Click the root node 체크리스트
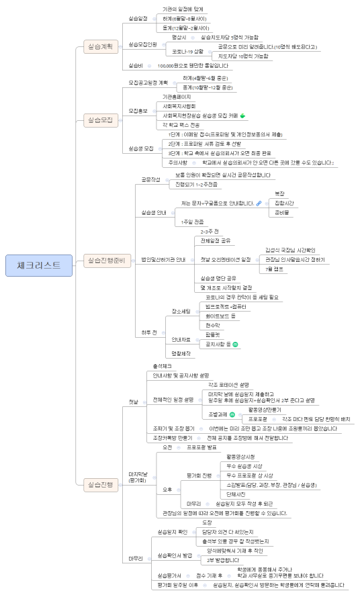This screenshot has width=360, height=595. click(38, 265)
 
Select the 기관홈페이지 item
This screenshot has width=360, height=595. click(177, 97)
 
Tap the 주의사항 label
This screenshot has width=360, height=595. click(178, 163)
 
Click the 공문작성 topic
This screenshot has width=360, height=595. click(150, 179)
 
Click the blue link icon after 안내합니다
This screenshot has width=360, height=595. click(258, 203)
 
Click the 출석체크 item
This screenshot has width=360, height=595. click(163, 365)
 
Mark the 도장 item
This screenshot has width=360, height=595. click(207, 522)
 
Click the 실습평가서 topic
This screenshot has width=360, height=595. click(169, 575)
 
